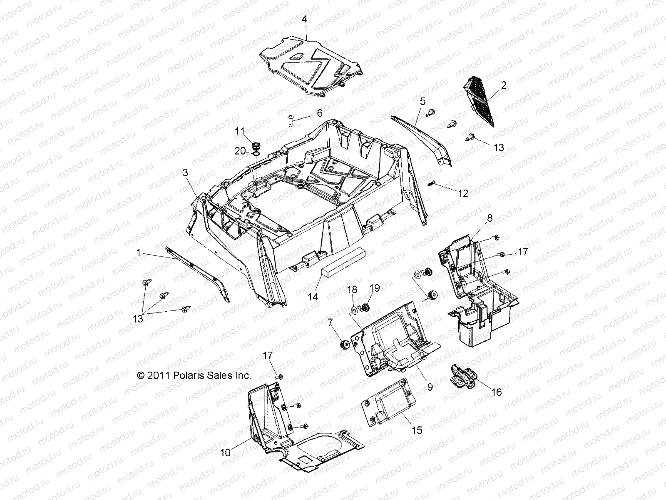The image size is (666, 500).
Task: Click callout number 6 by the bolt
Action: pyautogui.click(x=319, y=113)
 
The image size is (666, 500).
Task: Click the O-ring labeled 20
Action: pyautogui.click(x=257, y=155)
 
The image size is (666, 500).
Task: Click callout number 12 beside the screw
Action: pyautogui.click(x=463, y=193)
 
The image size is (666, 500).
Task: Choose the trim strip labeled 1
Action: pyautogui.click(x=196, y=271)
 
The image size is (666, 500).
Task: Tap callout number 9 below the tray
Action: pyautogui.click(x=430, y=387)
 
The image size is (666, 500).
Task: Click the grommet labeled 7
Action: pyautogui.click(x=345, y=345)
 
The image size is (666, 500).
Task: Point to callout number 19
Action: pyautogui.click(x=375, y=288)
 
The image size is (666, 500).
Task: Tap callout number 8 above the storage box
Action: pyautogui.click(x=490, y=218)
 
